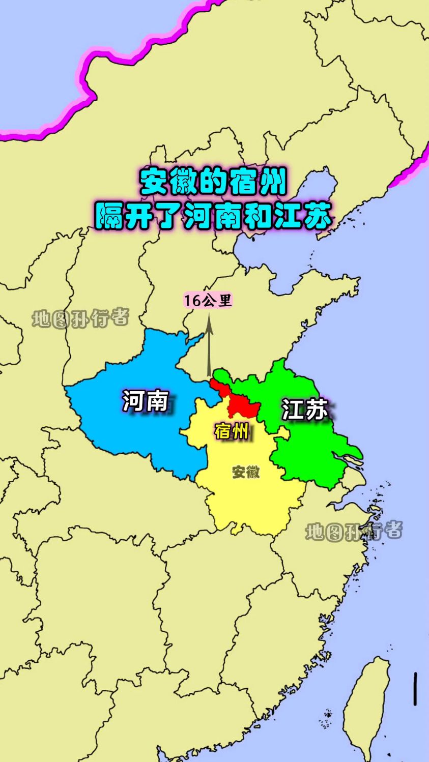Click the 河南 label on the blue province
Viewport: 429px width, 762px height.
pos(145,401)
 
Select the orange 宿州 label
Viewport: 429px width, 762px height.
pos(232,431)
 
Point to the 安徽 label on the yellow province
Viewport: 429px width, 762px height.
pos(246,472)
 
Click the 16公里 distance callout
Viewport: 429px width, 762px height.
pos(208,301)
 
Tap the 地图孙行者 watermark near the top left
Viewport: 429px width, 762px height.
pos(80,319)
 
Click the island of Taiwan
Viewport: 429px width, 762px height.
pos(365,707)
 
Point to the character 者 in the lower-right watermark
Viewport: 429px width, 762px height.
pos(391,531)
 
